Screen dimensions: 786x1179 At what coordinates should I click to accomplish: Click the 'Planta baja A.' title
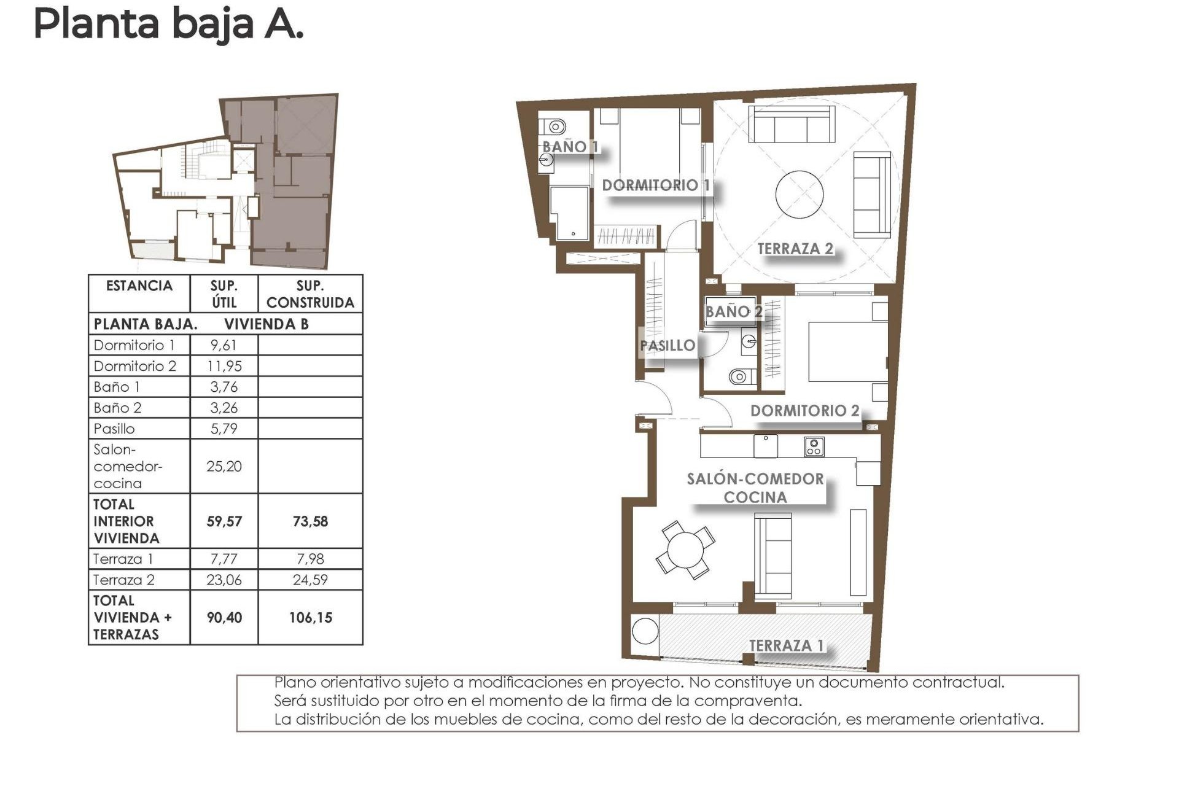point(168,25)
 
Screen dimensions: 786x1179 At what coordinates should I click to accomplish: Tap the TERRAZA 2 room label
point(795,249)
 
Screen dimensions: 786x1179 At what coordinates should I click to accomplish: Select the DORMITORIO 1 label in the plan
point(655,185)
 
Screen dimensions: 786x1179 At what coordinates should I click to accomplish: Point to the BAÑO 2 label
point(733,311)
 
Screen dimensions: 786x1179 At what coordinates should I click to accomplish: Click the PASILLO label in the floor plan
point(667,345)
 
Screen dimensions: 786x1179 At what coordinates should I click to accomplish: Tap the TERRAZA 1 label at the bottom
point(786,645)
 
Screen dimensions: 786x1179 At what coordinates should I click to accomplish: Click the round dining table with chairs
point(685,550)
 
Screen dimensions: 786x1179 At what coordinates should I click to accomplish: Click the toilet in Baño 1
point(555,127)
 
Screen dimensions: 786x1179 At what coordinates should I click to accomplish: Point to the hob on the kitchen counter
point(814,446)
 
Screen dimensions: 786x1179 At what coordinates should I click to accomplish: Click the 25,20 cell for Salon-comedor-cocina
point(224,466)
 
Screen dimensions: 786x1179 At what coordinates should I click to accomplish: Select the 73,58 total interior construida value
point(310,521)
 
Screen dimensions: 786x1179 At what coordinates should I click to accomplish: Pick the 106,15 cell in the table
point(310,618)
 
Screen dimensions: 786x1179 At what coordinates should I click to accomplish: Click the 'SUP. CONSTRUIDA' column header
point(310,294)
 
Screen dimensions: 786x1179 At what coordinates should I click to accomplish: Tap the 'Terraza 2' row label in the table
point(124,580)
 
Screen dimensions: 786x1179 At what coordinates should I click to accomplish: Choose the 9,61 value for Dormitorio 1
point(224,345)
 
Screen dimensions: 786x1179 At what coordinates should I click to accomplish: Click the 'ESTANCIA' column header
point(139,286)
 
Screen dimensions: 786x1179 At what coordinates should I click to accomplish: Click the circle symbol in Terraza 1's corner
point(645,631)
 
